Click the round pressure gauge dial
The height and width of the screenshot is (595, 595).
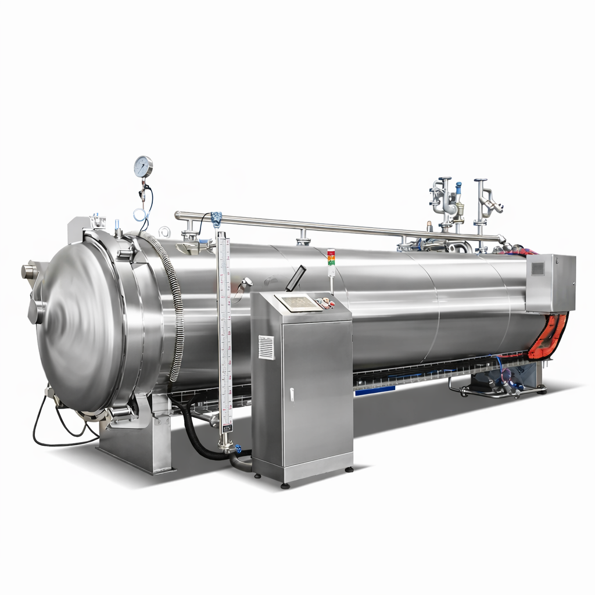143,167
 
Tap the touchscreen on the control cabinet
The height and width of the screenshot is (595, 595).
297,302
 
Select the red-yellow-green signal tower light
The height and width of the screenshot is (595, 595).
331,263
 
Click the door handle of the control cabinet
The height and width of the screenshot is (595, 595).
292,394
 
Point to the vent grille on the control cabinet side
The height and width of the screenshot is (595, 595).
266,347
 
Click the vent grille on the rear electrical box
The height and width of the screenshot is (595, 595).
538,268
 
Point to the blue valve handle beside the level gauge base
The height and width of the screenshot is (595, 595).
237,448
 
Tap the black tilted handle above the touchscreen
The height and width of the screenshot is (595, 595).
295,278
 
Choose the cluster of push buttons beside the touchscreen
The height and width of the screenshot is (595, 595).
325,302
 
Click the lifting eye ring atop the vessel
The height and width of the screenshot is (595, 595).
164,232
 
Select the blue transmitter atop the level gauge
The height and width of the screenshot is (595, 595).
216,219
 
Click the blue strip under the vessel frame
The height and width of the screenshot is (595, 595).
374,390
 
